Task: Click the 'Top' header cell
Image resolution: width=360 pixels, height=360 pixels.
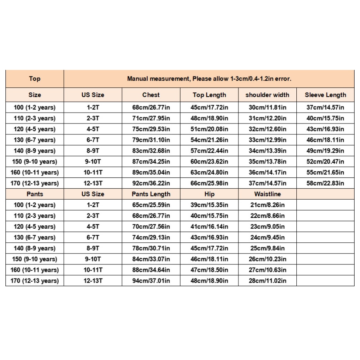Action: (35, 79)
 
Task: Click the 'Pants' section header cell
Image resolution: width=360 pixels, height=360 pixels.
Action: (35, 194)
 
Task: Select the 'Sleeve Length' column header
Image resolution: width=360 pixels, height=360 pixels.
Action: (325, 95)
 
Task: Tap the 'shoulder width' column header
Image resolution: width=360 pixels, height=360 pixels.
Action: (267, 95)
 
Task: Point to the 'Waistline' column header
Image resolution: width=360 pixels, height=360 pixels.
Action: (267, 194)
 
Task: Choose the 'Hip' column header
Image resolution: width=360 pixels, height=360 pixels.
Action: (209, 194)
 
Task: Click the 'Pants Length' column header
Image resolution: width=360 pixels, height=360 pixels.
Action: (151, 194)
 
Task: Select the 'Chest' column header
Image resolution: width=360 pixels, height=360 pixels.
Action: (151, 95)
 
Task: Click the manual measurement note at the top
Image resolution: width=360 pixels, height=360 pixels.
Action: (209, 79)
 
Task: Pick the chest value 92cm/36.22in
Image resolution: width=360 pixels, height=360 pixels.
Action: (151, 183)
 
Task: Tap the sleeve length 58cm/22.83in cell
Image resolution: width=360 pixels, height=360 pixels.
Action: (325, 183)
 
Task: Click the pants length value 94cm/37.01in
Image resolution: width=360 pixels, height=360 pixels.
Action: (151, 281)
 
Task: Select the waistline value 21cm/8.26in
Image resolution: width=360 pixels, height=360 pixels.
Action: (267, 205)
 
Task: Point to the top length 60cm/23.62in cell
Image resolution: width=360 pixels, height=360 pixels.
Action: (209, 162)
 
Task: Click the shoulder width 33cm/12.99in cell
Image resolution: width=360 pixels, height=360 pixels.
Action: (267, 140)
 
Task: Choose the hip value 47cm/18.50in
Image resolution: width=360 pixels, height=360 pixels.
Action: (209, 270)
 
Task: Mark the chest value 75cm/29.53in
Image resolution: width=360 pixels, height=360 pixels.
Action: (151, 129)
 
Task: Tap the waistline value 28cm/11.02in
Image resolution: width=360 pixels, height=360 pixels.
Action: (267, 281)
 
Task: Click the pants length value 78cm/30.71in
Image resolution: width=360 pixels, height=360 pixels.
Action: (151, 248)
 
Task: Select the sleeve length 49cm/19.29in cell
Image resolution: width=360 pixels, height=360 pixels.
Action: (325, 151)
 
